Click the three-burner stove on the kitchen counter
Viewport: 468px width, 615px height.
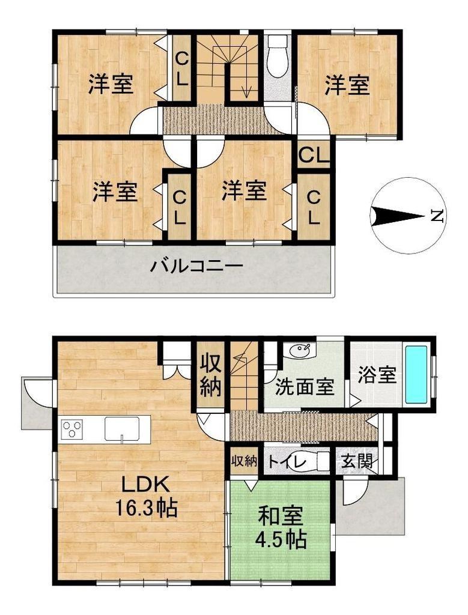[x=71, y=429]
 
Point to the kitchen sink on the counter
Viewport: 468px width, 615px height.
[x=122, y=429]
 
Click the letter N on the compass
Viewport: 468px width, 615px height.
[x=436, y=216]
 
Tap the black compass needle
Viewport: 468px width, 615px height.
[x=397, y=216]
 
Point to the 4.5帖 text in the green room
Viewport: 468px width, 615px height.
[x=281, y=539]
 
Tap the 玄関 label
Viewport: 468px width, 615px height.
[x=357, y=461]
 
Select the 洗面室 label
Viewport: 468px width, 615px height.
[x=305, y=387]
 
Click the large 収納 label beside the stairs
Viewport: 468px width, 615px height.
[x=211, y=375]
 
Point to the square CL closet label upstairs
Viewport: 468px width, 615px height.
[x=314, y=156]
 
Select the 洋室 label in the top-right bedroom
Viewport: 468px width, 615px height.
[x=347, y=85]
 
